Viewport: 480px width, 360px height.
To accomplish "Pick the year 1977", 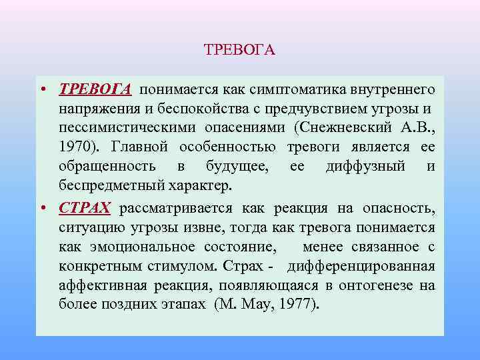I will (299, 306).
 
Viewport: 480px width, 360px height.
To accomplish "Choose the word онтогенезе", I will (373, 286).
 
